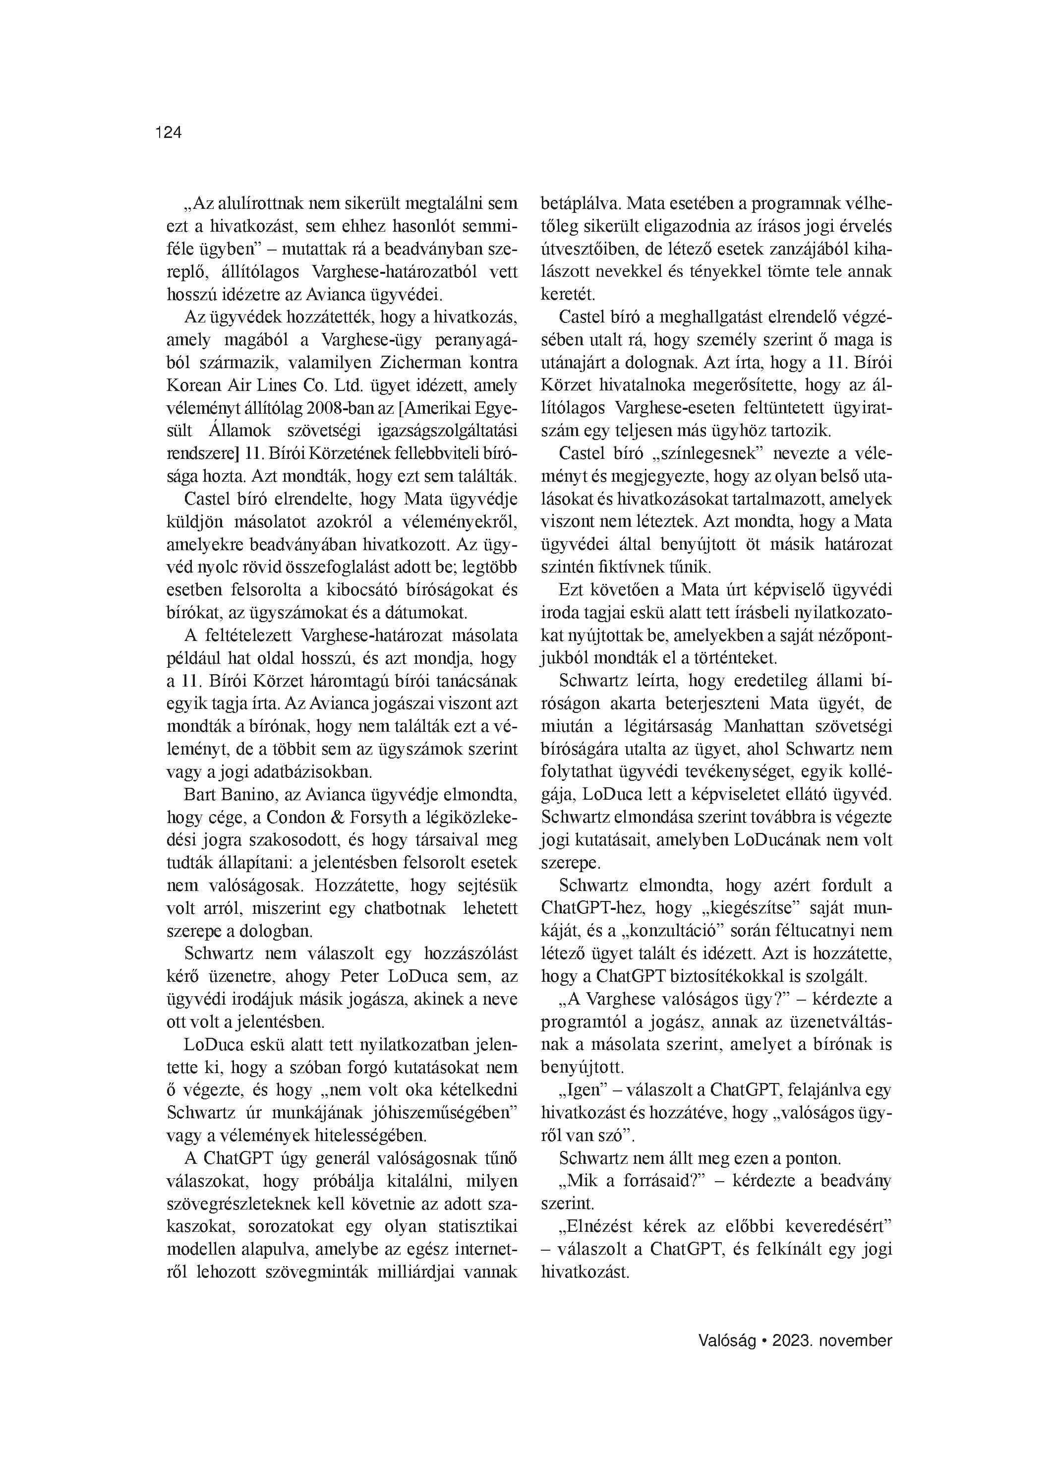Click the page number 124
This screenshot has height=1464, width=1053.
pyautogui.click(x=169, y=133)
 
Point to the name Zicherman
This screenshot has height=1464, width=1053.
pyautogui.click(x=373, y=363)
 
